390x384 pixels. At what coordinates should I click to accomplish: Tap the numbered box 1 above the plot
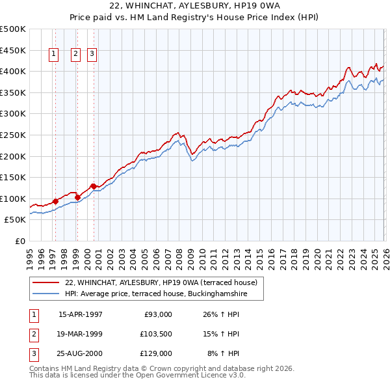[53, 55]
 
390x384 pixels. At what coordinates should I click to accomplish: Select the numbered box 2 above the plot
[76, 55]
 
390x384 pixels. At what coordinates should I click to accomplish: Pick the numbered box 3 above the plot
[92, 55]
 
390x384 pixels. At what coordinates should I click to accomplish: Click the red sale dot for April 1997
[55, 201]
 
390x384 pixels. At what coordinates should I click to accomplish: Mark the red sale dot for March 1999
[77, 197]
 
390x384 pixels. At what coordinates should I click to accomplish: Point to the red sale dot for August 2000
[94, 186]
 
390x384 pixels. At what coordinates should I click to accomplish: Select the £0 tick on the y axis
[19, 241]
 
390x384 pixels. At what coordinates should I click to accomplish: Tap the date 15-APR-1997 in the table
[81, 314]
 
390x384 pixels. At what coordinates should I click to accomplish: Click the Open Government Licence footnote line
[137, 375]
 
